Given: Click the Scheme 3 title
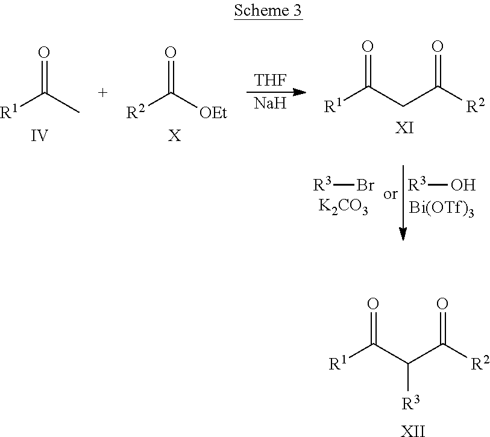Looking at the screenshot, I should coord(269,13).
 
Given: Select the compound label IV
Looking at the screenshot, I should coord(40,136).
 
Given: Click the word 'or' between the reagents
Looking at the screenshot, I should coord(389,195).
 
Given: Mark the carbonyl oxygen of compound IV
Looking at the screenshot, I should coord(43,52).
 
